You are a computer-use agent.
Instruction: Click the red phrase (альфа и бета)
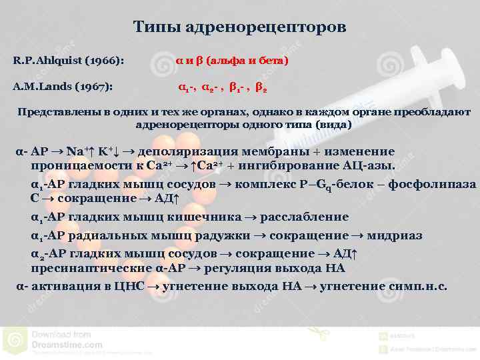(x=247, y=61)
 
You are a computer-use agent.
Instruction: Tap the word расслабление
(x=305, y=217)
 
